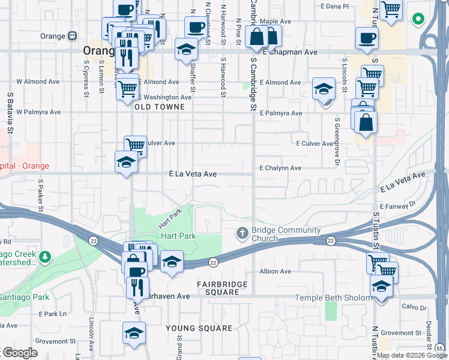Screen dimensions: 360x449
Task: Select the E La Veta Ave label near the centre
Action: (x=193, y=174)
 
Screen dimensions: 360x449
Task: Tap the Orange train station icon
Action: (x=73, y=36)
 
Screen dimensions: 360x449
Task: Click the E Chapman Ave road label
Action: (x=293, y=53)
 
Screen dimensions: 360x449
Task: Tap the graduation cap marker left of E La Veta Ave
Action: (x=126, y=162)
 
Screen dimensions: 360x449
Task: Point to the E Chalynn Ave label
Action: (x=280, y=169)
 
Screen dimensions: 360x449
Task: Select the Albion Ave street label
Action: (x=276, y=271)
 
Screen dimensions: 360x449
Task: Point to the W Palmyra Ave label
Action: (x=38, y=112)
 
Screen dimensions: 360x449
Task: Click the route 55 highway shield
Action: (x=439, y=348)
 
